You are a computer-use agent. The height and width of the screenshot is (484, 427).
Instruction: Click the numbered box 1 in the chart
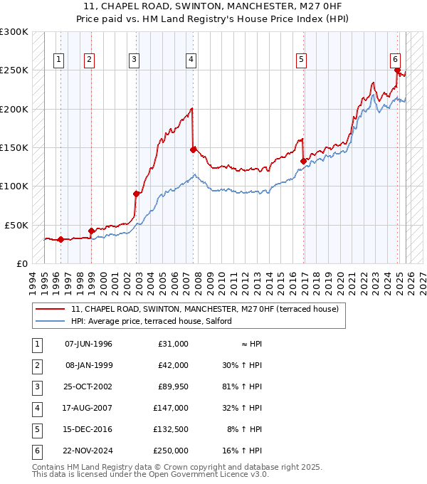pos(58,60)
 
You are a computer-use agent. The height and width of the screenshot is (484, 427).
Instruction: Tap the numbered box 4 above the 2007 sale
pos(191,60)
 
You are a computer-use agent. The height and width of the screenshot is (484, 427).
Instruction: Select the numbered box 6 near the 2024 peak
pos(395,60)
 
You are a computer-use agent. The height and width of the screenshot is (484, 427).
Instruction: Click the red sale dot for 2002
pos(136,193)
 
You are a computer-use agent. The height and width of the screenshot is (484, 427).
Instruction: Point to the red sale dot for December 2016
pos(303,161)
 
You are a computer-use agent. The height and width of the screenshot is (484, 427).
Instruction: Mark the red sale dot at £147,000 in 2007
pos(193,149)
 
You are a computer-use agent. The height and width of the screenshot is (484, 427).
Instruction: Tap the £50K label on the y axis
pos(16,225)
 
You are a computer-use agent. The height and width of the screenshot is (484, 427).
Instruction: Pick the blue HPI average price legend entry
pos(151,321)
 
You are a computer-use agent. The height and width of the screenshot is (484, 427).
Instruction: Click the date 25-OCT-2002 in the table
pos(88,387)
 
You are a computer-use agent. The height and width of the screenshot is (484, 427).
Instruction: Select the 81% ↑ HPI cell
pos(246,387)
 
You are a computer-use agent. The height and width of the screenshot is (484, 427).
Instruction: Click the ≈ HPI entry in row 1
pos(251,344)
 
